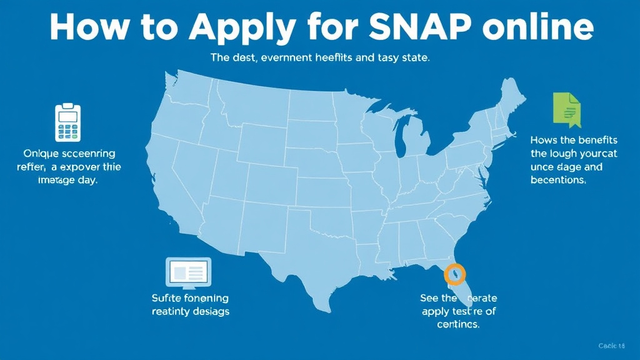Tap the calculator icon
[x=68, y=122]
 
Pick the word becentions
[x=557, y=180]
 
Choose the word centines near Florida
[x=459, y=325]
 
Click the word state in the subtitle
[x=414, y=58]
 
